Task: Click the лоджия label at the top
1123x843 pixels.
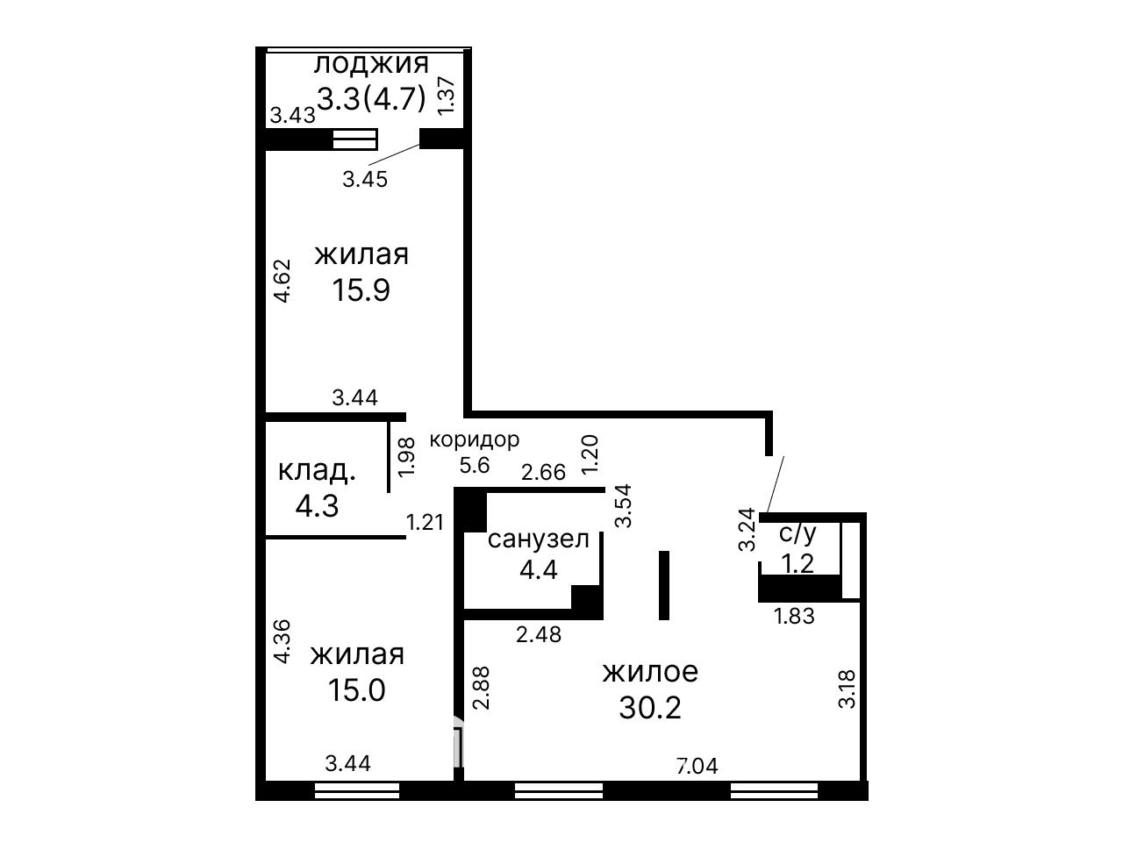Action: (x=371, y=65)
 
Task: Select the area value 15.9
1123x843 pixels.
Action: (x=361, y=290)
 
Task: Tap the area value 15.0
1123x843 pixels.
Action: (x=356, y=690)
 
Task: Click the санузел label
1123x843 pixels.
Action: (x=538, y=539)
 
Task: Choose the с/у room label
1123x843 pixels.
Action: (x=798, y=533)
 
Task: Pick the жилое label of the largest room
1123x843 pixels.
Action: (x=650, y=672)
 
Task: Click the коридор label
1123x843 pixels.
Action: (x=475, y=439)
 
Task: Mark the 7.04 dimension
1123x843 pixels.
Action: (x=697, y=766)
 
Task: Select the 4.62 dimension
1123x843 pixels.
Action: (x=282, y=281)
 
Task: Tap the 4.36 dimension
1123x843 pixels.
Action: (x=282, y=641)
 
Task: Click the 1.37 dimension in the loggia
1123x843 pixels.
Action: (x=446, y=95)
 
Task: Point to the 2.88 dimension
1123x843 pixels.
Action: (x=482, y=688)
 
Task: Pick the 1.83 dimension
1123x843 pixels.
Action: (x=794, y=617)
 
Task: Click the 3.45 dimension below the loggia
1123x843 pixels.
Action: (x=365, y=180)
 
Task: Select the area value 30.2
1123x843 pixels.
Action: (x=650, y=709)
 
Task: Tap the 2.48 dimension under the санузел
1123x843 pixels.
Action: (x=539, y=635)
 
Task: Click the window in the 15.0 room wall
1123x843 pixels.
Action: (x=356, y=790)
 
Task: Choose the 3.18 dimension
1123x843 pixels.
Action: (x=847, y=689)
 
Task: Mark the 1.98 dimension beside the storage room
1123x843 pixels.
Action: (x=407, y=458)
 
